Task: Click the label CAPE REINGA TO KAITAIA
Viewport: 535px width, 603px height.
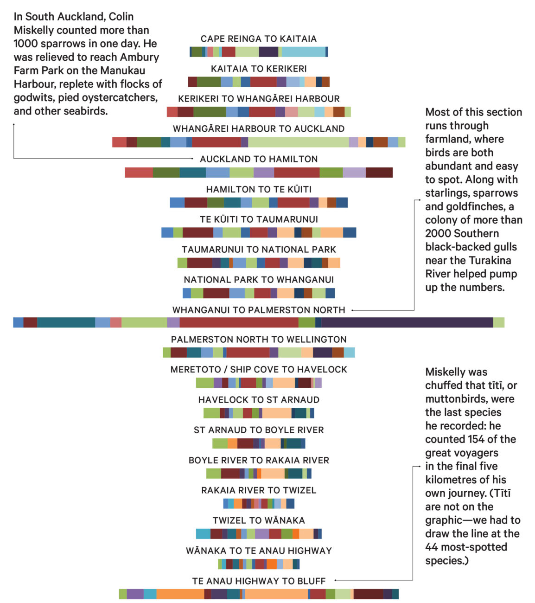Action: point(258,39)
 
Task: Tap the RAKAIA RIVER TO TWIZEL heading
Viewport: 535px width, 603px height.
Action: point(258,491)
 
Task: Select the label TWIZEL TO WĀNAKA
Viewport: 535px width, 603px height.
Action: point(258,521)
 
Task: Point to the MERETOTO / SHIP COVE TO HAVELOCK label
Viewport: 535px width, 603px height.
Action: point(258,370)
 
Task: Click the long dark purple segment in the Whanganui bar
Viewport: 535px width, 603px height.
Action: point(407,322)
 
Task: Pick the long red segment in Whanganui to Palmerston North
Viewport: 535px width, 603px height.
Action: point(239,322)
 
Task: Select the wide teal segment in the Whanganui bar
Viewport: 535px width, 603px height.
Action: point(66,322)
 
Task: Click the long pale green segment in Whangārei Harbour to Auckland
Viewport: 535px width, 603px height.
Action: point(298,142)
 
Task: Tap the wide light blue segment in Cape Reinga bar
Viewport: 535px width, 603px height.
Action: point(303,52)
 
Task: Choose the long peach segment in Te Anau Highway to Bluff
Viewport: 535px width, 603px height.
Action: point(276,594)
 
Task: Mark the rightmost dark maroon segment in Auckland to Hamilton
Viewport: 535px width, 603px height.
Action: point(379,173)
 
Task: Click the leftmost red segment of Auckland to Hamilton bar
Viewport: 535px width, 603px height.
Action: point(139,173)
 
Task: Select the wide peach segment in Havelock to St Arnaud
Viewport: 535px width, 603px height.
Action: point(277,413)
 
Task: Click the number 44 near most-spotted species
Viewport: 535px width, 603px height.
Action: point(434,548)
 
